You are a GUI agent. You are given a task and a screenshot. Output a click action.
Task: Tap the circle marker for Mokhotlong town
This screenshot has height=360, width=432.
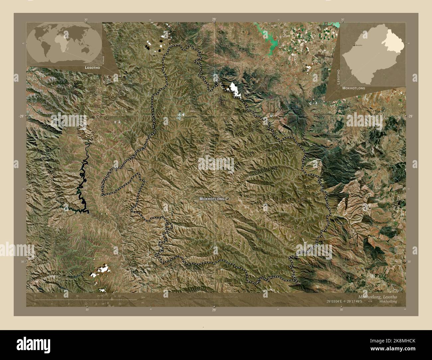click(227, 199)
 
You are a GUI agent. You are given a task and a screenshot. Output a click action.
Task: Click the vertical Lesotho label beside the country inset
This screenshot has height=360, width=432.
click(339, 77)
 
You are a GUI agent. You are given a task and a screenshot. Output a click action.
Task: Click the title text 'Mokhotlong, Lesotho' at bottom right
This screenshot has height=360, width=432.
click(377, 296)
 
